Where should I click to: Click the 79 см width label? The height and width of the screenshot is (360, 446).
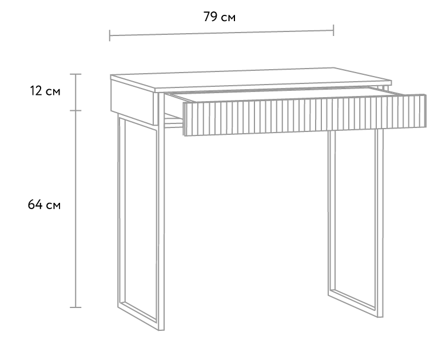click(220, 17)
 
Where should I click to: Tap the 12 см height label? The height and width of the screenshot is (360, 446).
click(45, 91)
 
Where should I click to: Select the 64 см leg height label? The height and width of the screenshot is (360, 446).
click(44, 205)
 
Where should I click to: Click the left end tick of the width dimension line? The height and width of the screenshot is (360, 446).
click(110, 35)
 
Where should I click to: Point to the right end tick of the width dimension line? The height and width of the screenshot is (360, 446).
click(333, 30)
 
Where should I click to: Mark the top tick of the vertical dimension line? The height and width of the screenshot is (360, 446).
click(75, 74)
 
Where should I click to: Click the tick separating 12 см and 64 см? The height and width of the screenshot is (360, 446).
click(75, 110)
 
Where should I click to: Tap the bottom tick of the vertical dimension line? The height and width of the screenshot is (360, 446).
click(75, 307)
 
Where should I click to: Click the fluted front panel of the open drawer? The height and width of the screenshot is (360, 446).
click(305, 115)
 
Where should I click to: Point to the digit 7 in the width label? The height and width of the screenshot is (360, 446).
click(207, 17)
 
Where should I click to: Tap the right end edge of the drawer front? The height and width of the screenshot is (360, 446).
click(425, 111)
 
